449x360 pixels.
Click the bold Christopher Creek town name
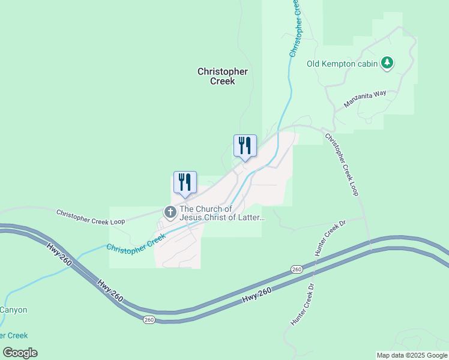click(x=223, y=76)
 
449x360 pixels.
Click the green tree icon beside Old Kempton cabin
click(x=388, y=62)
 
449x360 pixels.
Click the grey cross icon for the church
click(x=170, y=212)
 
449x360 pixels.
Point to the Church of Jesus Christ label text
click(x=221, y=213)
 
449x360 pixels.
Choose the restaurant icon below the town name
click(x=245, y=146)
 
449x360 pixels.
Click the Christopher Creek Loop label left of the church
click(x=91, y=217)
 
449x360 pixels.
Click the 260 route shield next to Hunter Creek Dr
click(x=297, y=269)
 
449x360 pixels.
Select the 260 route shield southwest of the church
click(x=149, y=320)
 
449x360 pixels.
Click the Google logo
click(x=20, y=353)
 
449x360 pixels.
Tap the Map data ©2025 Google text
click(x=412, y=355)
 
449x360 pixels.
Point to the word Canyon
click(x=13, y=310)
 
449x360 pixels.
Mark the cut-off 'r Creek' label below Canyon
click(x=13, y=335)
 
